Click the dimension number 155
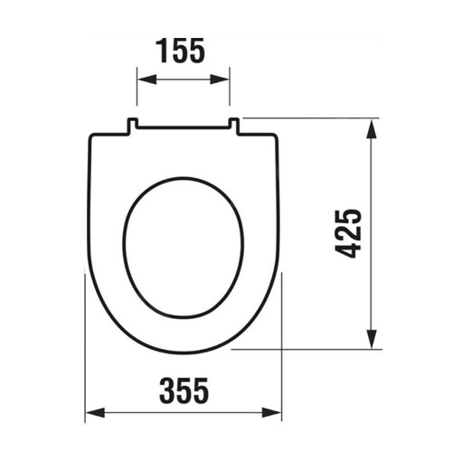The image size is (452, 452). pyautogui.click(x=180, y=51)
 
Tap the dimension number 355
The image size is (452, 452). pyautogui.click(x=184, y=391)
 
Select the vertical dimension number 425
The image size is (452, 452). pyautogui.click(x=348, y=233)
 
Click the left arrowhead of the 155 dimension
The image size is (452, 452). pyautogui.click(x=147, y=80)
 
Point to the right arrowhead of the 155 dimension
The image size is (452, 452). pyautogui.click(x=220, y=80)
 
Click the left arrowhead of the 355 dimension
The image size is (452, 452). pyautogui.click(x=95, y=412)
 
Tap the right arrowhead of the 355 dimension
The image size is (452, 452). pyautogui.click(x=271, y=412)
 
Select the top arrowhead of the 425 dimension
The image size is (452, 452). pyautogui.click(x=372, y=129)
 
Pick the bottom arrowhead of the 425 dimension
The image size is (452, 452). pyautogui.click(x=372, y=339)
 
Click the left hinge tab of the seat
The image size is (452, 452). pyautogui.click(x=132, y=125)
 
